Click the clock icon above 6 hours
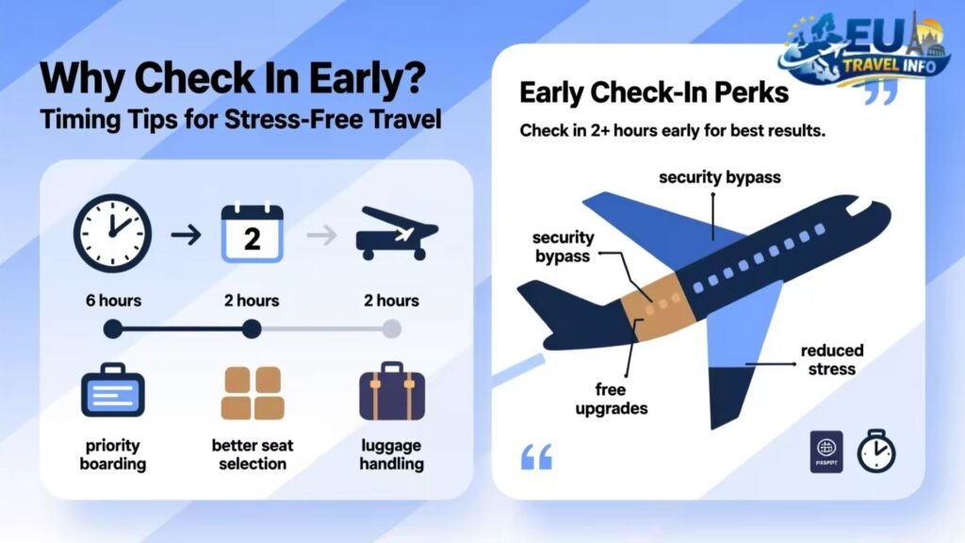pyautogui.click(x=113, y=234)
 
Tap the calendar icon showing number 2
pyautogui.click(x=252, y=234)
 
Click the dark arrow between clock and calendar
pyautogui.click(x=186, y=235)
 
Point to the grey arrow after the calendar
pyautogui.click(x=322, y=235)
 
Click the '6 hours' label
pyautogui.click(x=113, y=301)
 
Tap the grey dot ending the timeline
pyautogui.click(x=391, y=329)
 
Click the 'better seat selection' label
pyautogui.click(x=253, y=454)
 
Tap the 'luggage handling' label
pyautogui.click(x=391, y=454)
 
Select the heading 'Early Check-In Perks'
pyautogui.click(x=655, y=94)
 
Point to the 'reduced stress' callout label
pyautogui.click(x=831, y=359)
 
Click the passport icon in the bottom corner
pyautogui.click(x=826, y=452)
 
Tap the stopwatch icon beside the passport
pyautogui.click(x=875, y=452)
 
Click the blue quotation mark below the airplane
pyautogui.click(x=536, y=457)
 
